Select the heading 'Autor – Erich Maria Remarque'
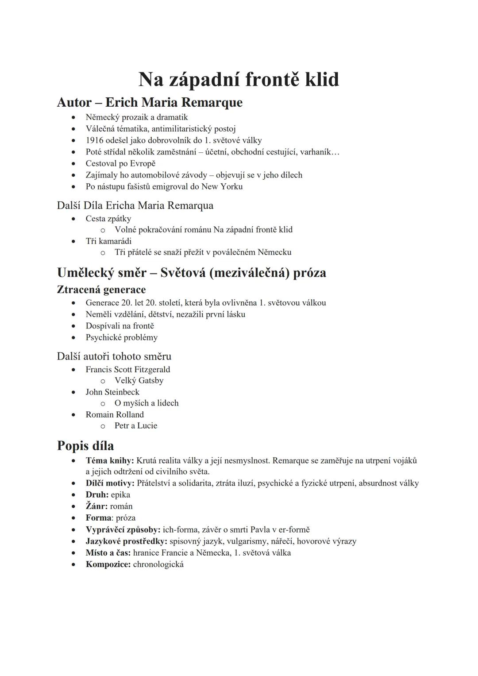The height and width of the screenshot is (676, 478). point(150,102)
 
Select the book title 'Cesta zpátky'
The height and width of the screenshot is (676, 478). point(108,219)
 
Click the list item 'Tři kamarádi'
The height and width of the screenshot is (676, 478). point(108,241)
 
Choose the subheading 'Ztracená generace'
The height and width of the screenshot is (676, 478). point(101,290)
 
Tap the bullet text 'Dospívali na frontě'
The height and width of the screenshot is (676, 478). point(119,326)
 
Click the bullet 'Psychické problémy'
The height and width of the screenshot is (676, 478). point(121,337)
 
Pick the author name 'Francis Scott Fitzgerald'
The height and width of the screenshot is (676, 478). point(127,369)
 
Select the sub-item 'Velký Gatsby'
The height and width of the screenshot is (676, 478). point(139,381)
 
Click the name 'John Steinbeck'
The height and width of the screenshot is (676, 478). point(112,392)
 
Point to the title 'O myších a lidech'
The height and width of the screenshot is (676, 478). point(146,403)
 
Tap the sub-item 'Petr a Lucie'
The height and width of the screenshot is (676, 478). point(136,426)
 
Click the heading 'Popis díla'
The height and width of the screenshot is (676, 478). point(85,445)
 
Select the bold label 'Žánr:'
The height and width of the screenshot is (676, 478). point(96,506)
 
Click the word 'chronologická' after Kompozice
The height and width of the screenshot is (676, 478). point(158,564)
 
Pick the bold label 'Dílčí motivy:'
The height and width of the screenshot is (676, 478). point(110,483)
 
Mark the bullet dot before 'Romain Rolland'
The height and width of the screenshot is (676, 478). point(74,415)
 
